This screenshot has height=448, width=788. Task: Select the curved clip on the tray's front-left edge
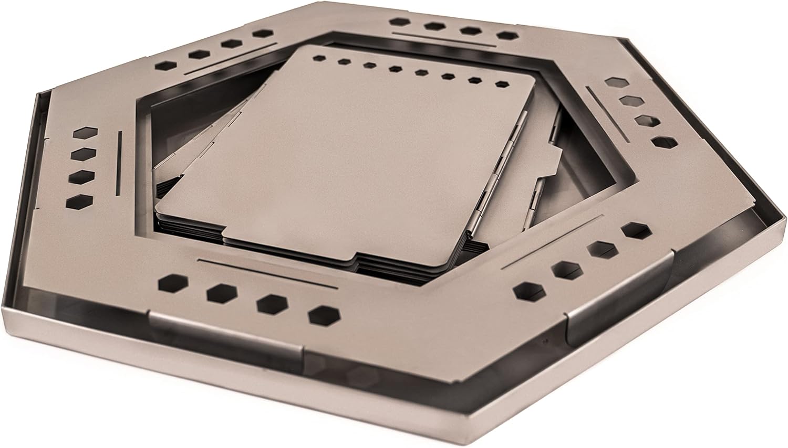(x=226, y=333)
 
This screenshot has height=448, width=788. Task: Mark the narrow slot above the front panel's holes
(x=268, y=273)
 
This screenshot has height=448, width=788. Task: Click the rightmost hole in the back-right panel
(x=505, y=36)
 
